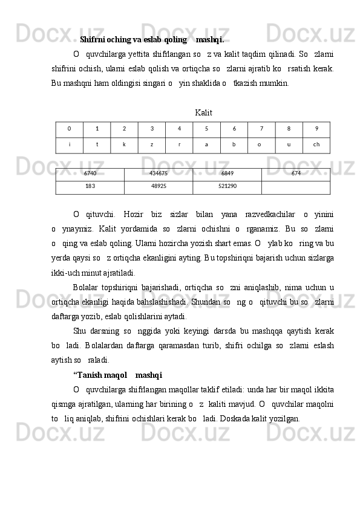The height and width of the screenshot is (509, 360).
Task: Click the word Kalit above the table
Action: click(x=204, y=113)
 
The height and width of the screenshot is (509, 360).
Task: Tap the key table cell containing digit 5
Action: click(x=206, y=129)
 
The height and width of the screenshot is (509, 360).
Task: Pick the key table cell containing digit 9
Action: click(x=316, y=129)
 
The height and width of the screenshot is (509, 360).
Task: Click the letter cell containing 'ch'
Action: click(x=316, y=145)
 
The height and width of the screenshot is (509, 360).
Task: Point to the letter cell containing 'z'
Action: click(x=152, y=145)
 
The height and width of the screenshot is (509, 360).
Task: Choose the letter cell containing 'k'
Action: click(x=124, y=145)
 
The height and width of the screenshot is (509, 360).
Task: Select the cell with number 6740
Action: click(x=90, y=173)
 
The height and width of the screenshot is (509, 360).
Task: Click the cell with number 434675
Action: click(x=159, y=173)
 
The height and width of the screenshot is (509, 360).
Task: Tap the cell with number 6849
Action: click(x=227, y=173)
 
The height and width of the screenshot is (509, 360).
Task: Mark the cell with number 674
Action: click(x=296, y=173)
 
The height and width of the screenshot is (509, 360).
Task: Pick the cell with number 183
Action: click(x=90, y=187)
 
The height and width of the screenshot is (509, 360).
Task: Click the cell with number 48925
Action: click(x=159, y=187)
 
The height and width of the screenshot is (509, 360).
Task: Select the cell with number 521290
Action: click(x=227, y=187)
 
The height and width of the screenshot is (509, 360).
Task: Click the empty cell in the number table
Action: click(x=296, y=187)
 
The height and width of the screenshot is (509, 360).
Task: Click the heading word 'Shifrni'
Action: click(x=92, y=41)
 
